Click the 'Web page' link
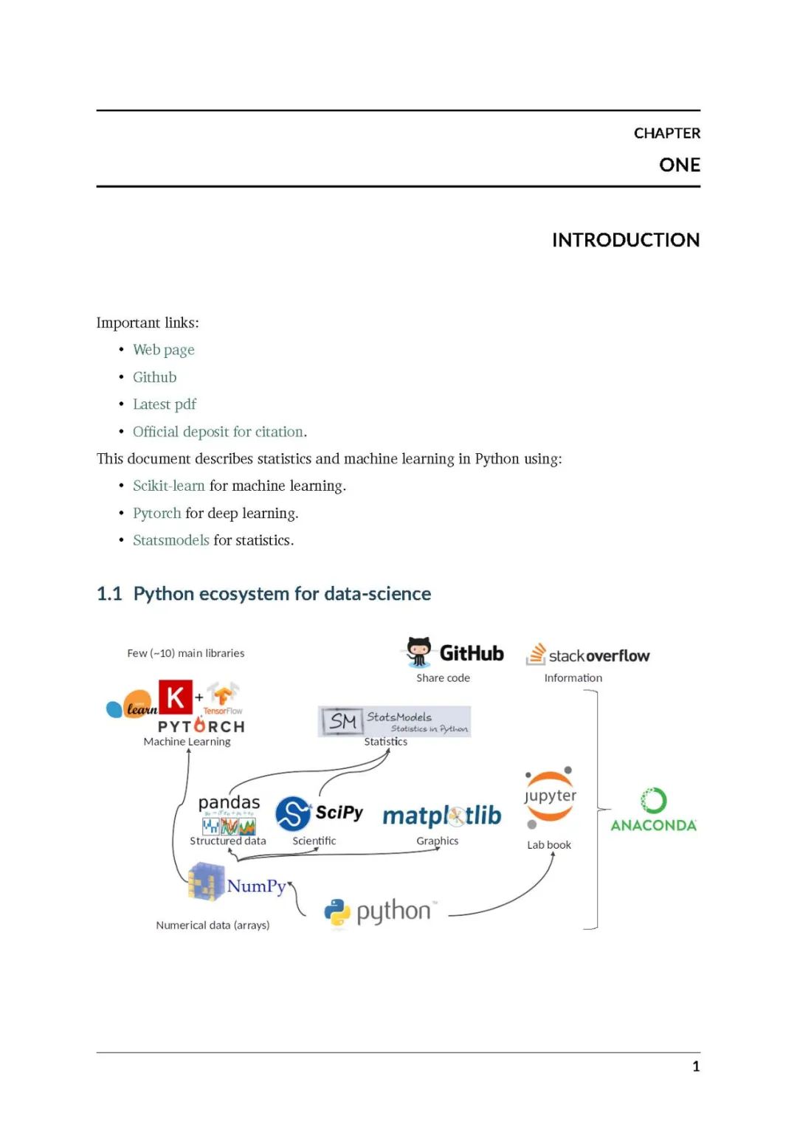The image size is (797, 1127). (163, 350)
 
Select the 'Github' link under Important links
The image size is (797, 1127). (154, 377)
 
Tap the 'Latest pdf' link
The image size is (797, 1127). (164, 404)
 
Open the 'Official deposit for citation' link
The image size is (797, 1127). (218, 432)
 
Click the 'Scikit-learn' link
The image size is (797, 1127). (168, 486)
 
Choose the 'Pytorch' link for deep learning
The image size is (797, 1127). (156, 513)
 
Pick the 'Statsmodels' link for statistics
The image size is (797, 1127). (170, 540)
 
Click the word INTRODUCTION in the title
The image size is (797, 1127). (625, 240)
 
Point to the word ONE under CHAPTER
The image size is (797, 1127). (679, 165)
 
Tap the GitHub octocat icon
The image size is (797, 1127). (418, 652)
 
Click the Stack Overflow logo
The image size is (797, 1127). (587, 655)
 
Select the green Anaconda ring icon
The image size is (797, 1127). (653, 800)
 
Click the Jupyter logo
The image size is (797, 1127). (550, 796)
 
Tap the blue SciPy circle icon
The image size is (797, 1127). (293, 813)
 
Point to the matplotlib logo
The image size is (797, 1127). (441, 816)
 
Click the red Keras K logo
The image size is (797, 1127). (176, 697)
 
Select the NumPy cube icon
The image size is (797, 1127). (206, 882)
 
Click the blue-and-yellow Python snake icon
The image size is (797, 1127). (337, 912)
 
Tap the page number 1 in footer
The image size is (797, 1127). (695, 1066)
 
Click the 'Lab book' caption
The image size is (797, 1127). (548, 845)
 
